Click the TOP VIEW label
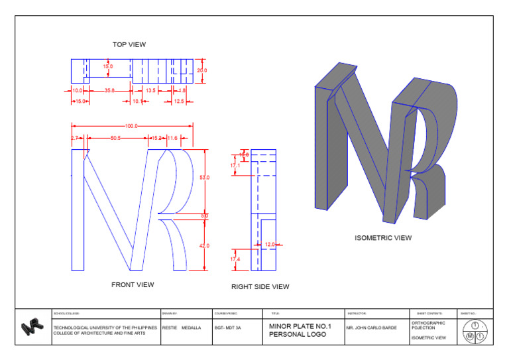(x=129, y=44)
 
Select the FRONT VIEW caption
(x=133, y=284)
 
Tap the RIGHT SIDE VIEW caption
(x=260, y=287)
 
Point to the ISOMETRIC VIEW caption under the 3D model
(x=383, y=237)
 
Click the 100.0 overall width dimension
(x=131, y=126)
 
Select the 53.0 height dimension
(x=204, y=178)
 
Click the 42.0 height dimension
(x=204, y=245)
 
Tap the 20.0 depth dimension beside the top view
(x=201, y=70)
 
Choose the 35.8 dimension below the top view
(x=110, y=90)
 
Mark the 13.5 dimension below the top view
(x=150, y=90)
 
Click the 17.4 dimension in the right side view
(x=235, y=259)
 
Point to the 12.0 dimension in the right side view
(x=270, y=245)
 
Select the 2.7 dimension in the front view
(x=74, y=138)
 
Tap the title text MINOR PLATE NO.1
(x=300, y=326)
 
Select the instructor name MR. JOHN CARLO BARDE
(x=372, y=328)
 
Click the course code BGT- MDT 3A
(x=227, y=328)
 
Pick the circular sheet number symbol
(x=475, y=331)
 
